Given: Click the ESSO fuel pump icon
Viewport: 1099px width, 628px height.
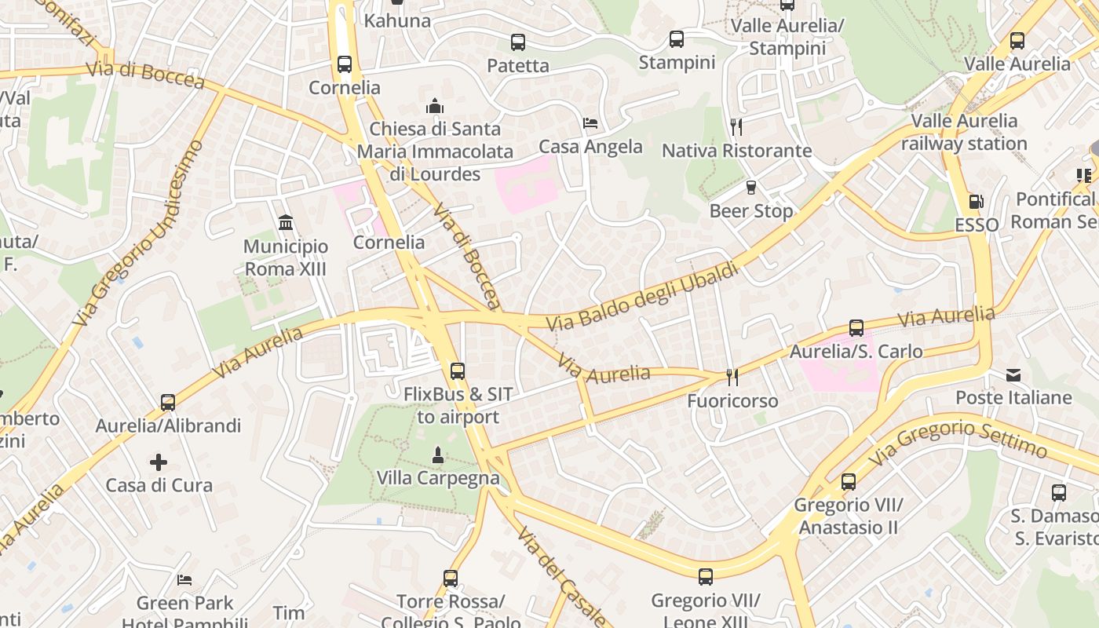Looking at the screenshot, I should [976, 202].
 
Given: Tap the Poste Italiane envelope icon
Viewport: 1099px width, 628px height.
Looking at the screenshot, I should [1013, 374].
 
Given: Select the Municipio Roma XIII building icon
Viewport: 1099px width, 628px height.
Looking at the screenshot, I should [286, 223].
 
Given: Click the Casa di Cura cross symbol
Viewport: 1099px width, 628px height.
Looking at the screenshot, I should [159, 462].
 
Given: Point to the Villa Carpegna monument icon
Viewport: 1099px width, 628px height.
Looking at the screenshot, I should [438, 455].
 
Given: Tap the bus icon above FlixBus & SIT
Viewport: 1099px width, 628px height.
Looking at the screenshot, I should [457, 371].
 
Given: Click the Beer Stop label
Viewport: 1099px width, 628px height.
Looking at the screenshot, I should [751, 211].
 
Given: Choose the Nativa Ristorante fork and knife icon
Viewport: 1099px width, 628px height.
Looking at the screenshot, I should [736, 126].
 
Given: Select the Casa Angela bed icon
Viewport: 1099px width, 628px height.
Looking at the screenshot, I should [590, 123].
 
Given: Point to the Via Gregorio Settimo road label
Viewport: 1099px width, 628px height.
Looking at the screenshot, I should [958, 440].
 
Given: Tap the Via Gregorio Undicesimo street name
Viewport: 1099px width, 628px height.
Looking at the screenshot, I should [138, 233].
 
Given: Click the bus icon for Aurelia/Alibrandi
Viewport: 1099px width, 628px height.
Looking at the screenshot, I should [167, 403].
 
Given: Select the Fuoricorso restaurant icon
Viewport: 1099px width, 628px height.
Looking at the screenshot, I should [732, 378].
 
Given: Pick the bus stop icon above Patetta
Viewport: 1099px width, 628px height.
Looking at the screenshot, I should [517, 42].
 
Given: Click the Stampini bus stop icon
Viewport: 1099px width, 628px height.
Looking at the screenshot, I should [676, 38].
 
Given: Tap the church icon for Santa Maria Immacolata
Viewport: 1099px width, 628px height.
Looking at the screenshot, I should [434, 105].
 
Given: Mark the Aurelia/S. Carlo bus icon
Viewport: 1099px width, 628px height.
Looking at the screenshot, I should [856, 328].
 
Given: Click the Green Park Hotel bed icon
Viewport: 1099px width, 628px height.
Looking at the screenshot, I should [184, 580].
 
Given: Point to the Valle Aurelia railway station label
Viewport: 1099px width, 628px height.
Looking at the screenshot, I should [964, 132].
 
